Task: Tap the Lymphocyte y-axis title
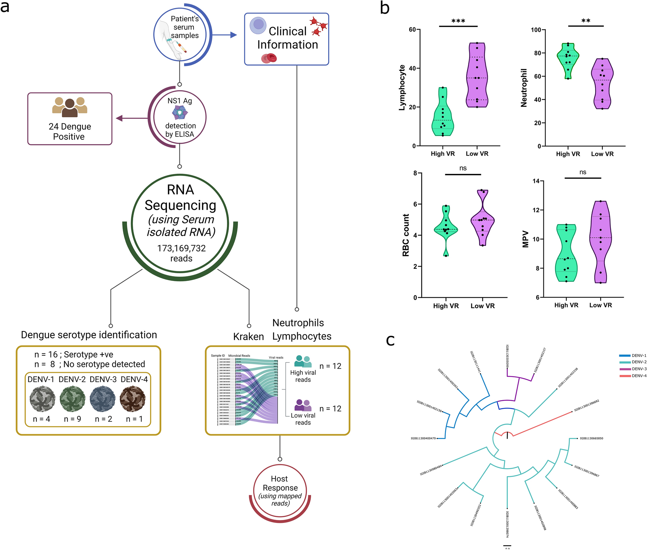click(x=402, y=88)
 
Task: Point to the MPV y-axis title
click(x=525, y=239)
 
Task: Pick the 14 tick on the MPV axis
click(x=536, y=181)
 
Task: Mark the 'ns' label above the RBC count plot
click(x=463, y=168)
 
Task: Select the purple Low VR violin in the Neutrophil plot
click(x=602, y=84)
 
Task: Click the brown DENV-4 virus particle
click(x=132, y=399)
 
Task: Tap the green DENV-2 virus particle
click(x=73, y=399)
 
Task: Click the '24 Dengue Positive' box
click(x=70, y=119)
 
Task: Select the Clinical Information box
click(x=287, y=39)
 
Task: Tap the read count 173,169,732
click(x=181, y=248)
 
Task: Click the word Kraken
click(x=248, y=337)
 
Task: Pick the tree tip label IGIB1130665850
click(x=591, y=438)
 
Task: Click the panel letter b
click(x=385, y=8)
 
